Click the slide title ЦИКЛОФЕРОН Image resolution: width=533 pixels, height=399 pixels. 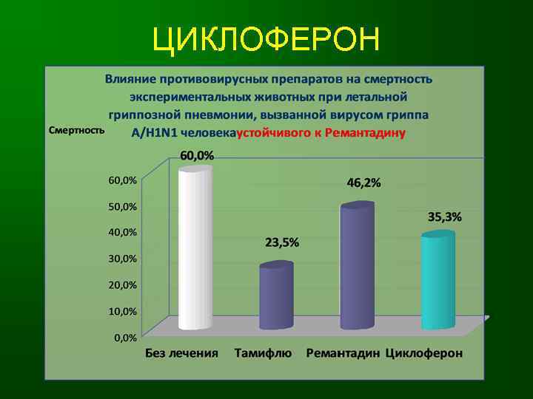(266, 40)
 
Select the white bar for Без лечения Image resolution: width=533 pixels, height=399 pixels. (195, 248)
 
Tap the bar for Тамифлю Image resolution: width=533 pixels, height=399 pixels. (276, 296)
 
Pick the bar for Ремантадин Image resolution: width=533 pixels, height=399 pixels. (357, 266)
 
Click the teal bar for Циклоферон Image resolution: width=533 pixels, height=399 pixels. (438, 281)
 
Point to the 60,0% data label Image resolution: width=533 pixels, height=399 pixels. (197, 156)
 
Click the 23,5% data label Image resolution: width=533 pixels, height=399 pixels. (282, 243)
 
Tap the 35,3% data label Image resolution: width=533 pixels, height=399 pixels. (444, 217)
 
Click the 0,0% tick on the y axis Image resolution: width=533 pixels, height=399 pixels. (124, 338)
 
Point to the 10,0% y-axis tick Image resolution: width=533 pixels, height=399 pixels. (123, 311)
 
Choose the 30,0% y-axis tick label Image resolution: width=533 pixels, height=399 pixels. (123, 259)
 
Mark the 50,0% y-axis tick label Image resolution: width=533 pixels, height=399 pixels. (123, 206)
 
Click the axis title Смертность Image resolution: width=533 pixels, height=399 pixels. (75, 130)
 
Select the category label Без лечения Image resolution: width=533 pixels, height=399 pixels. (181, 353)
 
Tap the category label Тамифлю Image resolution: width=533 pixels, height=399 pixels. (263, 353)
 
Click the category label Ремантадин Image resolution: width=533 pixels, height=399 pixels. (343, 353)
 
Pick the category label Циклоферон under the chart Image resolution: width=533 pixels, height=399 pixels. (424, 353)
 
